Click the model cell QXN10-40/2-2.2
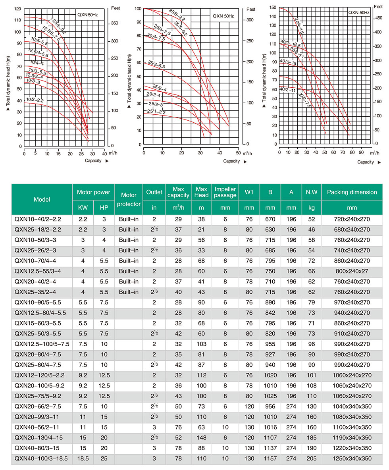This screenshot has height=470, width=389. (x=38, y=219)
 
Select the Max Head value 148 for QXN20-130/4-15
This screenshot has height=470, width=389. (x=201, y=437)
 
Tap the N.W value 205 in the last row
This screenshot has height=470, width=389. (x=311, y=458)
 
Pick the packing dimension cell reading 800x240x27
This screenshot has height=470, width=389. (x=352, y=271)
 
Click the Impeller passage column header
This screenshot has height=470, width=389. (x=225, y=192)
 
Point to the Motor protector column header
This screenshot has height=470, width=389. (x=129, y=199)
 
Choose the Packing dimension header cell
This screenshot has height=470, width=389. (x=352, y=192)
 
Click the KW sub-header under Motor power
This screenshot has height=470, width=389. (x=83, y=208)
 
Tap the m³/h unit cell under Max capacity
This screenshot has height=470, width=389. (x=178, y=208)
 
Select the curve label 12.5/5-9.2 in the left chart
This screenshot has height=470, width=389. (x=58, y=26)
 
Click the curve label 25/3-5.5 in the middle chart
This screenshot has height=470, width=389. (x=156, y=64)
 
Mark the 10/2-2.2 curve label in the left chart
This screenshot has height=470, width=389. (x=35, y=100)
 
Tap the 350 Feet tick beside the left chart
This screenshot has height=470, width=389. (x=114, y=23)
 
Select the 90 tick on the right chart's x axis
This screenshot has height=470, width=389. (x=361, y=152)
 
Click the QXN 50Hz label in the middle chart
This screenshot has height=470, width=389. (x=223, y=16)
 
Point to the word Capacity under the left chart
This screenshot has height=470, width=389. (x=93, y=161)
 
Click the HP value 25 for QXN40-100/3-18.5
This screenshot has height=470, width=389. (x=104, y=458)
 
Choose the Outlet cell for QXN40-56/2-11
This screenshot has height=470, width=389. (x=154, y=427)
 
